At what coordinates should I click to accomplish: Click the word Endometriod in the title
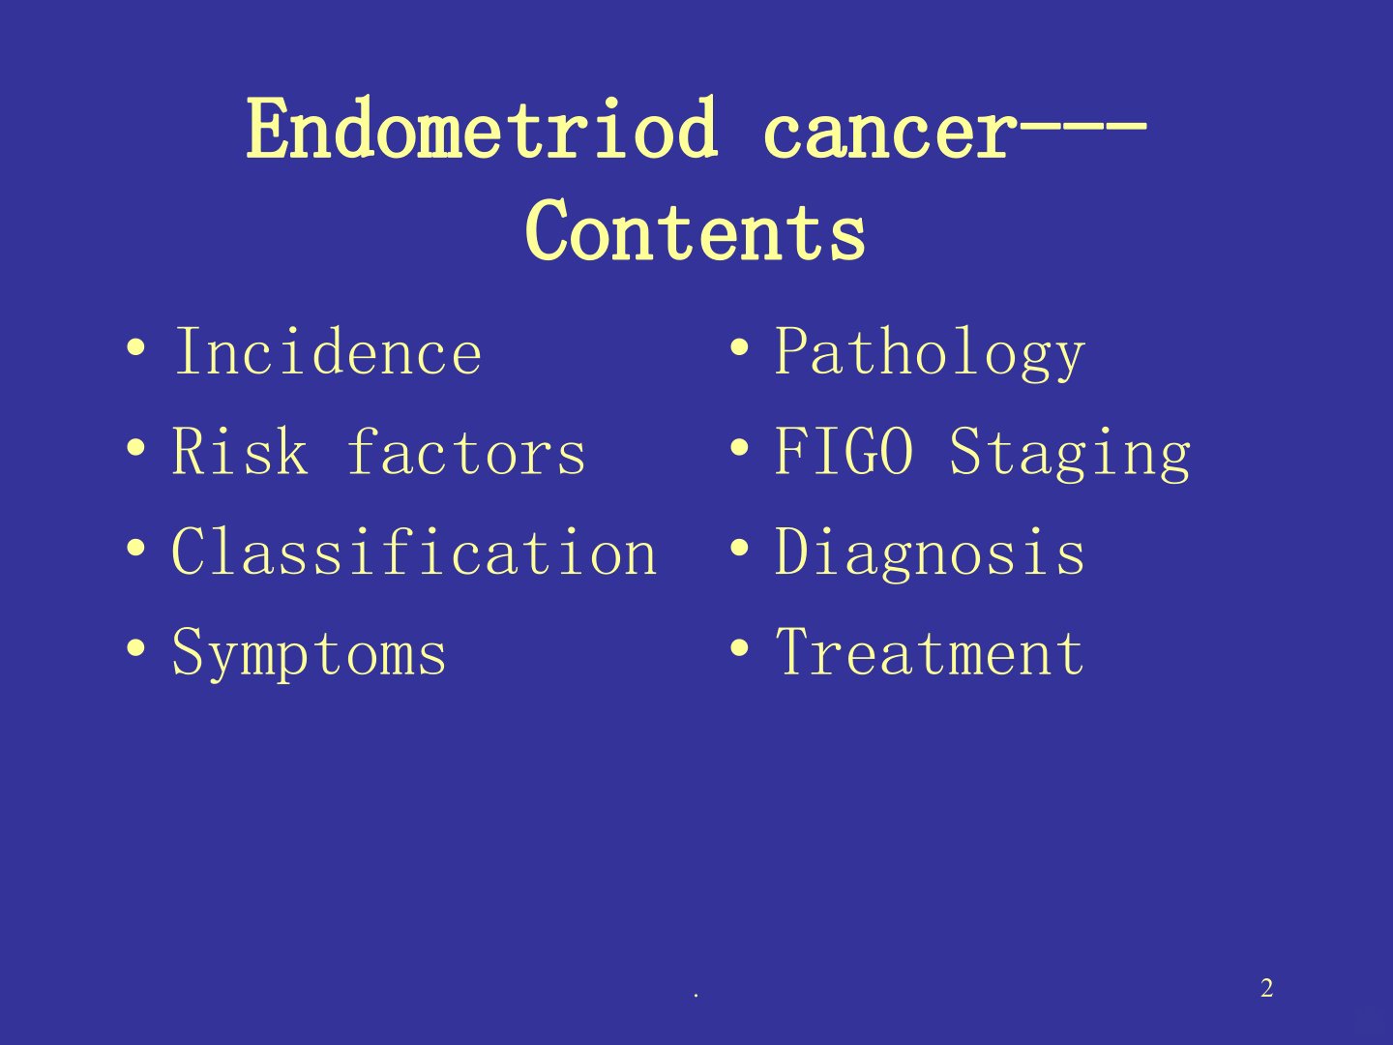(483, 128)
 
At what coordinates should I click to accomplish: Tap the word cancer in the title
(886, 134)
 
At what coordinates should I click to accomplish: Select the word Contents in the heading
(696, 229)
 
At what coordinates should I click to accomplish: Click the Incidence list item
(328, 351)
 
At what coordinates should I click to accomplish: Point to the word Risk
(240, 451)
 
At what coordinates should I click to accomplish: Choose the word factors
(466, 451)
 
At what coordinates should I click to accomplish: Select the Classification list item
(414, 551)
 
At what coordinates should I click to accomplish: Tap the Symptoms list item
(309, 653)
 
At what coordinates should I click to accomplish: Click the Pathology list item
(930, 353)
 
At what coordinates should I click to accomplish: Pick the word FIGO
(845, 451)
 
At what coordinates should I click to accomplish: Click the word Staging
(1070, 455)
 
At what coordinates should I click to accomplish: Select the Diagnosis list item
(930, 553)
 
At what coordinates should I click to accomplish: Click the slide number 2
(1266, 989)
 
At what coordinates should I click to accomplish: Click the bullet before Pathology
(739, 347)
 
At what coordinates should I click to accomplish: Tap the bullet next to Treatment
(739, 648)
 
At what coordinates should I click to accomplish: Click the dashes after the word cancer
(1079, 127)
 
